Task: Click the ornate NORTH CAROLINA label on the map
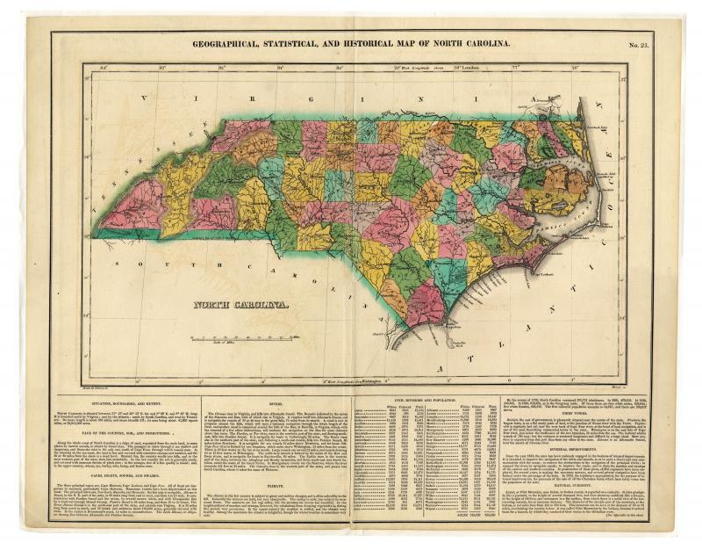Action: pos(242,305)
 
